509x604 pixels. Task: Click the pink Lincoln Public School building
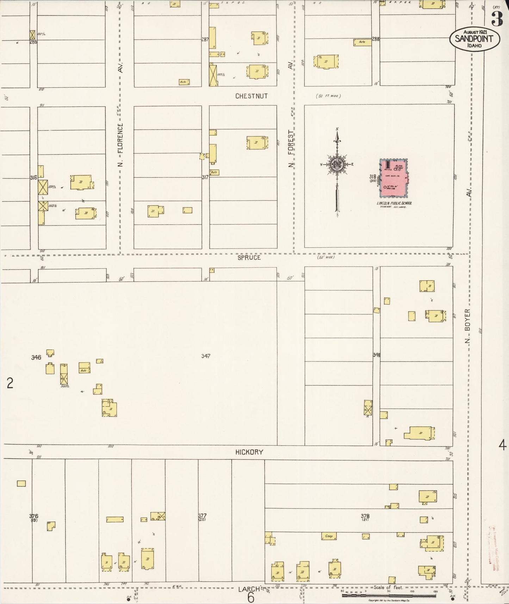point(393,178)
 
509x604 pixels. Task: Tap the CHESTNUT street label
point(251,96)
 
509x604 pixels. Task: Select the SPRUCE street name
point(249,258)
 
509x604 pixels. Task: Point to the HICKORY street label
point(249,452)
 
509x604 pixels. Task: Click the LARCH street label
point(249,589)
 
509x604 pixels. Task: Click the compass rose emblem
point(337,164)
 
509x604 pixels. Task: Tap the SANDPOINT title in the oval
point(474,39)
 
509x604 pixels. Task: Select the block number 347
point(206,356)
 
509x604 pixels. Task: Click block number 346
point(36,357)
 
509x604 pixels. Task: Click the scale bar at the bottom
point(389,595)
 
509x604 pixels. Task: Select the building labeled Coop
point(329,536)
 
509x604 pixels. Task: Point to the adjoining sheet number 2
point(10,383)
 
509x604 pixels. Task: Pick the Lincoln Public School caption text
point(394,203)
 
